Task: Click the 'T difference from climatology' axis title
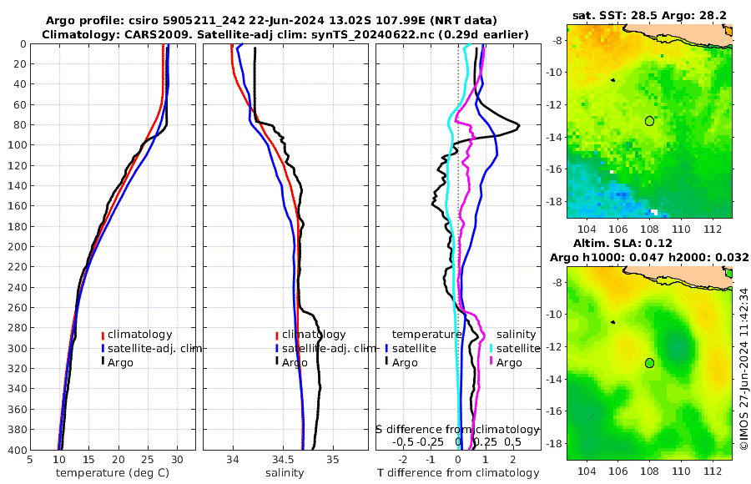pyautogui.click(x=458, y=473)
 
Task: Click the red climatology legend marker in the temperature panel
pyautogui.click(x=103, y=335)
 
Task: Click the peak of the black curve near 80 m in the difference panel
pyautogui.click(x=519, y=125)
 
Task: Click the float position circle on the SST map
pyautogui.click(x=649, y=121)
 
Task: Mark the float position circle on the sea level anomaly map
pyautogui.click(x=649, y=362)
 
